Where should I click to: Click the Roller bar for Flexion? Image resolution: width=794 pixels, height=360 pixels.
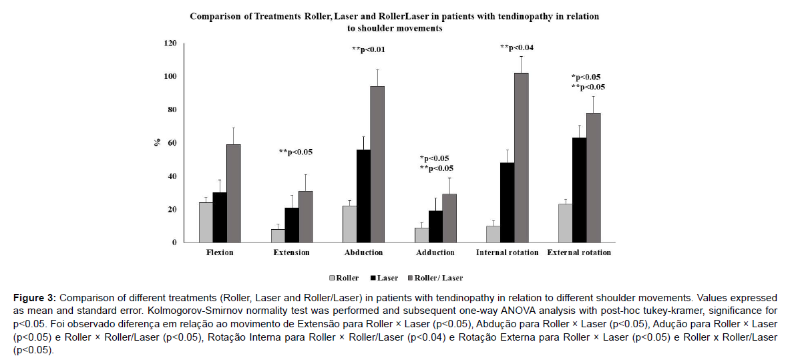(206, 223)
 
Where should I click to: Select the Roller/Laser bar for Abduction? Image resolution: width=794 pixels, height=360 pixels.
(377, 164)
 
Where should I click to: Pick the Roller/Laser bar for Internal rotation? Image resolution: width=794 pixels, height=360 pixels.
(521, 158)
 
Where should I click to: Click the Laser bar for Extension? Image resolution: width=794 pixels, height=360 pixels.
(292, 225)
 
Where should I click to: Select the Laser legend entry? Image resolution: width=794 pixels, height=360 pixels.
(385, 278)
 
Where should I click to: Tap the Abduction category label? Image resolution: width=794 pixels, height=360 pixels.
(363, 252)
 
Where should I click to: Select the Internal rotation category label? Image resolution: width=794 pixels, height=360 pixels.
(508, 252)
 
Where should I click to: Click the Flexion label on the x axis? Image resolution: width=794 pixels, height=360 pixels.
(220, 252)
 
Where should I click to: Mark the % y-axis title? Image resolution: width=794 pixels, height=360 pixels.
(156, 143)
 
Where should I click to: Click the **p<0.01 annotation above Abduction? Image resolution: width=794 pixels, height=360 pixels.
(372, 49)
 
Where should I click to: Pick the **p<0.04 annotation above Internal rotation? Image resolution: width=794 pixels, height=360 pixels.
(517, 47)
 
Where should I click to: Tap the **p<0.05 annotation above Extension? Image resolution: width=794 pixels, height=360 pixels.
(296, 152)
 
